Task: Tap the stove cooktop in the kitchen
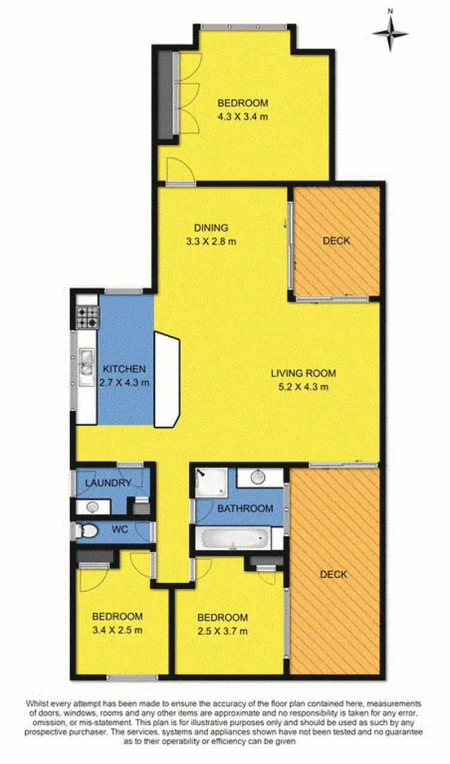(87, 317)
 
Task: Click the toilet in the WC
(88, 531)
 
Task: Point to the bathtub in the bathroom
(233, 539)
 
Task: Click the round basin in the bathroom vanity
(257, 478)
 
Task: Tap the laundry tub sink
(93, 507)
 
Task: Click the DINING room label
(211, 228)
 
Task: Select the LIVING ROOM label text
(303, 373)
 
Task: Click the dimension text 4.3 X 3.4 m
(242, 116)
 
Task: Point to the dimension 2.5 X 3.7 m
(222, 631)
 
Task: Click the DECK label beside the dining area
(336, 241)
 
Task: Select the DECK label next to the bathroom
(334, 574)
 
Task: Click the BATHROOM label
(245, 509)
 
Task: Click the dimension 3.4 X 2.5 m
(117, 630)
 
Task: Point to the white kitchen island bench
(167, 380)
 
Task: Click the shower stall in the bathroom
(211, 483)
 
